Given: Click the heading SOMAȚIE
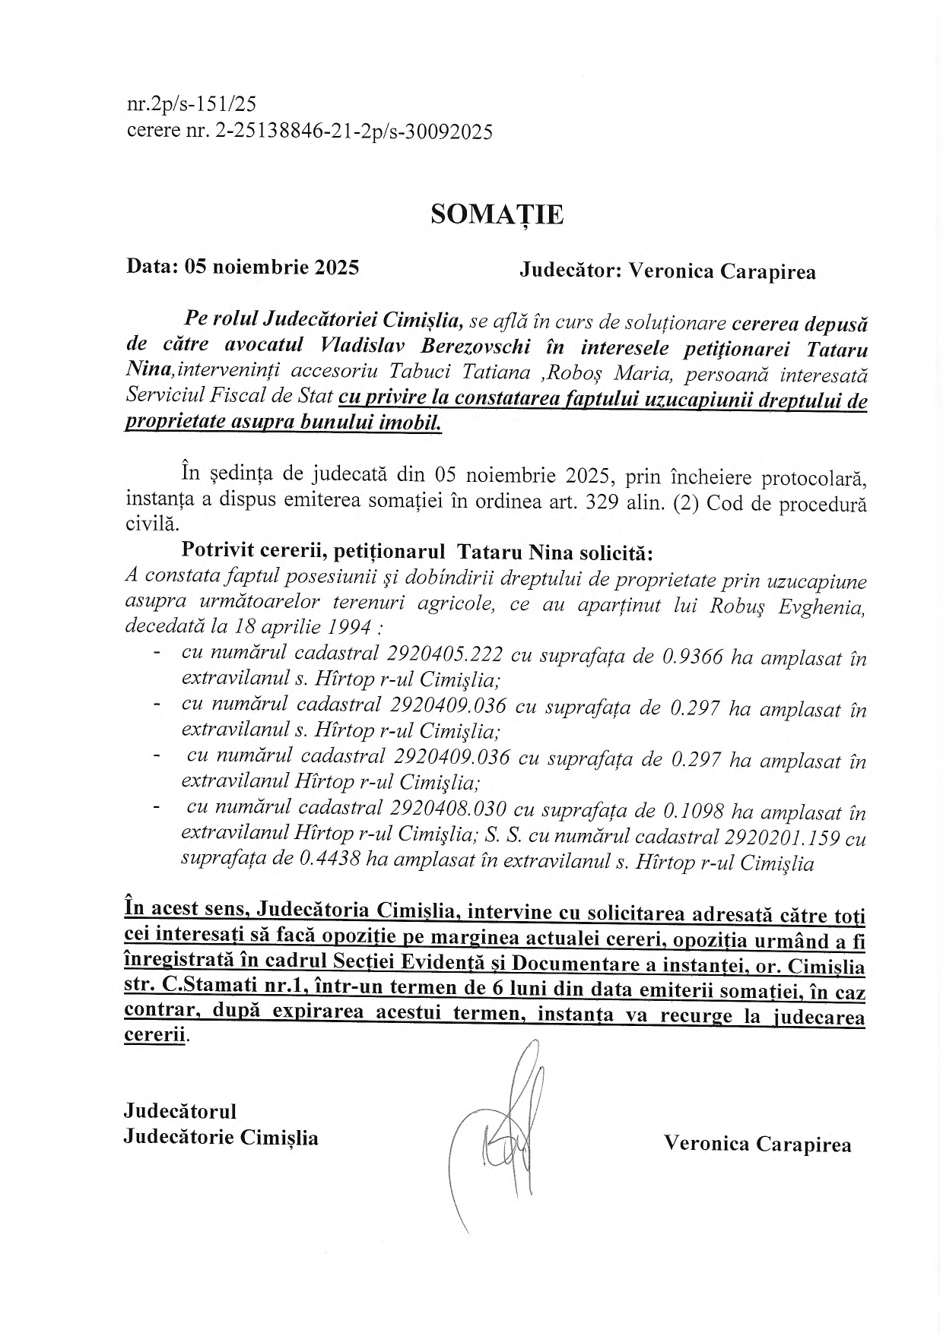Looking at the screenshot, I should [497, 215].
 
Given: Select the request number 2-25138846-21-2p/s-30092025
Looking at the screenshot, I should [354, 132].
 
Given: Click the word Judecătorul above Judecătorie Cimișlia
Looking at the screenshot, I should [180, 1111].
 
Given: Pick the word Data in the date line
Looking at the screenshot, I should [151, 267].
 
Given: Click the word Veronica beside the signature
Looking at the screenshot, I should [706, 1145].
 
